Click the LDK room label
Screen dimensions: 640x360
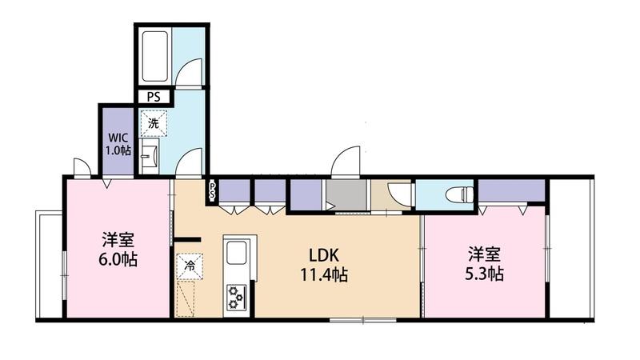click(x=324, y=255)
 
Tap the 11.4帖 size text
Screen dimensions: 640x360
click(x=324, y=274)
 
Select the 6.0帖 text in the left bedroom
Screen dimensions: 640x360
click(x=118, y=259)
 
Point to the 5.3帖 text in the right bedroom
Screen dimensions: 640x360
click(x=484, y=273)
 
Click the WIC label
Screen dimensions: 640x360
click(x=118, y=137)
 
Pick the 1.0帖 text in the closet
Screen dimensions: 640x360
click(x=118, y=150)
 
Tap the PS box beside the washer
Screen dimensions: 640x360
click(x=154, y=97)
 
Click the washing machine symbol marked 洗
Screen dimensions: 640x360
click(x=154, y=123)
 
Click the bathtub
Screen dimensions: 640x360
click(x=154, y=56)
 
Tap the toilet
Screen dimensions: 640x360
click(x=459, y=194)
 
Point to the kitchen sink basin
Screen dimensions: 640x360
click(x=236, y=253)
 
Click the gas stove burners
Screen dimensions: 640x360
click(x=236, y=297)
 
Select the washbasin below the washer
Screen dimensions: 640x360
click(x=150, y=155)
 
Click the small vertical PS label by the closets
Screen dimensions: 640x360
click(x=212, y=190)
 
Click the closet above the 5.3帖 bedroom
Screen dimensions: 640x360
click(x=512, y=190)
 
